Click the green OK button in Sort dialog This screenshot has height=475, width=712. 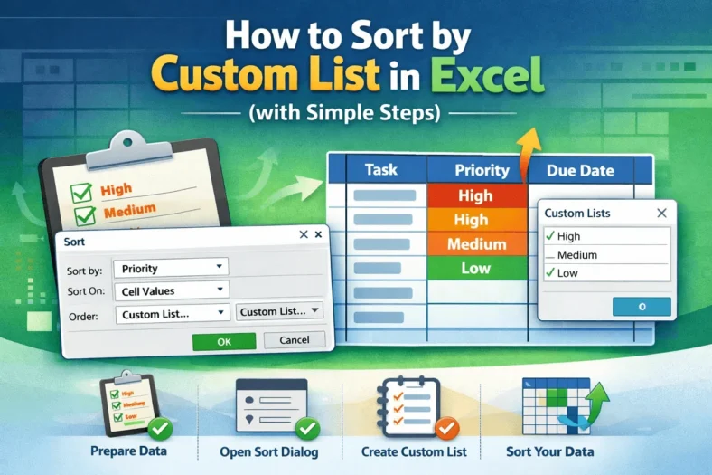[x=224, y=340]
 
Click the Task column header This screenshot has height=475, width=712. [x=380, y=169]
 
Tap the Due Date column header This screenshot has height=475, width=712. [x=581, y=170]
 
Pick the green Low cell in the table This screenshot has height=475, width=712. [x=475, y=268]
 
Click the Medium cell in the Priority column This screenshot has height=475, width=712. [x=475, y=243]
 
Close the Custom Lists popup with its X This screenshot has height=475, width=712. [x=661, y=213]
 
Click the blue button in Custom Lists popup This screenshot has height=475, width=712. [x=641, y=307]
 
